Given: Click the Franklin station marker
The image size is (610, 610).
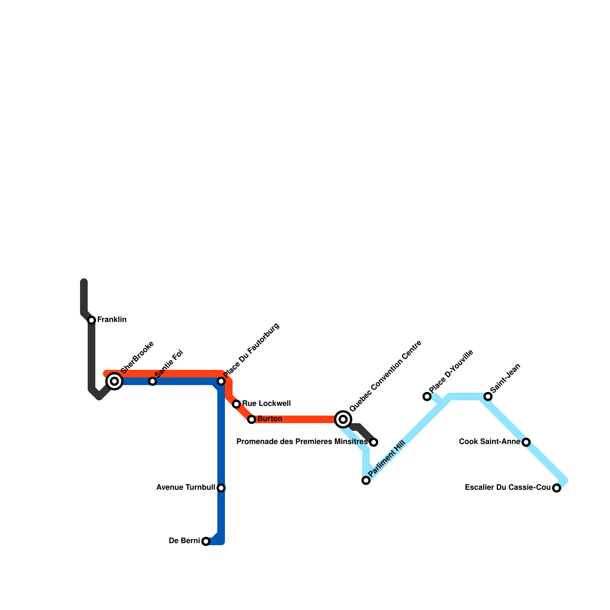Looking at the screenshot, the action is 91,320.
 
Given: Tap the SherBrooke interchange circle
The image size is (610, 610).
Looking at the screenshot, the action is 114,381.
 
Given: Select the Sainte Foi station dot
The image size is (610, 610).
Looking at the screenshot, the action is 152,381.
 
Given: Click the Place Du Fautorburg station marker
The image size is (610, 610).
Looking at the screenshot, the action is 221,381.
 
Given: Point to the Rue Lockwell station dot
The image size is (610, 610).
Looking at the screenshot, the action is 236,404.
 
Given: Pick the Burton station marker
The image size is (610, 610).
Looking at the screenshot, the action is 252,419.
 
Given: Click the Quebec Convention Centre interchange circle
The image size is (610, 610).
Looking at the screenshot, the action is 343,419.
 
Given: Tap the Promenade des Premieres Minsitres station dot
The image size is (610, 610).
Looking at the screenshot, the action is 374,442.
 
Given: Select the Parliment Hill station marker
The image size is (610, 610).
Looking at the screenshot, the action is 366,480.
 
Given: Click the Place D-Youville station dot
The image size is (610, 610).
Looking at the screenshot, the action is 427,396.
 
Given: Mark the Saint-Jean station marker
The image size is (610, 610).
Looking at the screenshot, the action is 488,396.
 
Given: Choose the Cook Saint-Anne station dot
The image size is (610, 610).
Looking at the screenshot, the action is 526,442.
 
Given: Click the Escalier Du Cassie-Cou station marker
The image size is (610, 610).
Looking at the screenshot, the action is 557,488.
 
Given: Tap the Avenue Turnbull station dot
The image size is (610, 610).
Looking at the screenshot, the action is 221,488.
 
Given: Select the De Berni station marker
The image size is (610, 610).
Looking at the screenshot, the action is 206,541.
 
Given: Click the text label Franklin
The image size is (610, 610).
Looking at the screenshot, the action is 112,320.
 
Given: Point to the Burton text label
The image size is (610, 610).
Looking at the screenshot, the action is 270,419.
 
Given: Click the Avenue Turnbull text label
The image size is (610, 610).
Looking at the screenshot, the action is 186,488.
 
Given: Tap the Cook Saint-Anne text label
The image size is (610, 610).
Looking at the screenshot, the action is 490,442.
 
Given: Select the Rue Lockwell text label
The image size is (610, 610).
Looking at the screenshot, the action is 266,403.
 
